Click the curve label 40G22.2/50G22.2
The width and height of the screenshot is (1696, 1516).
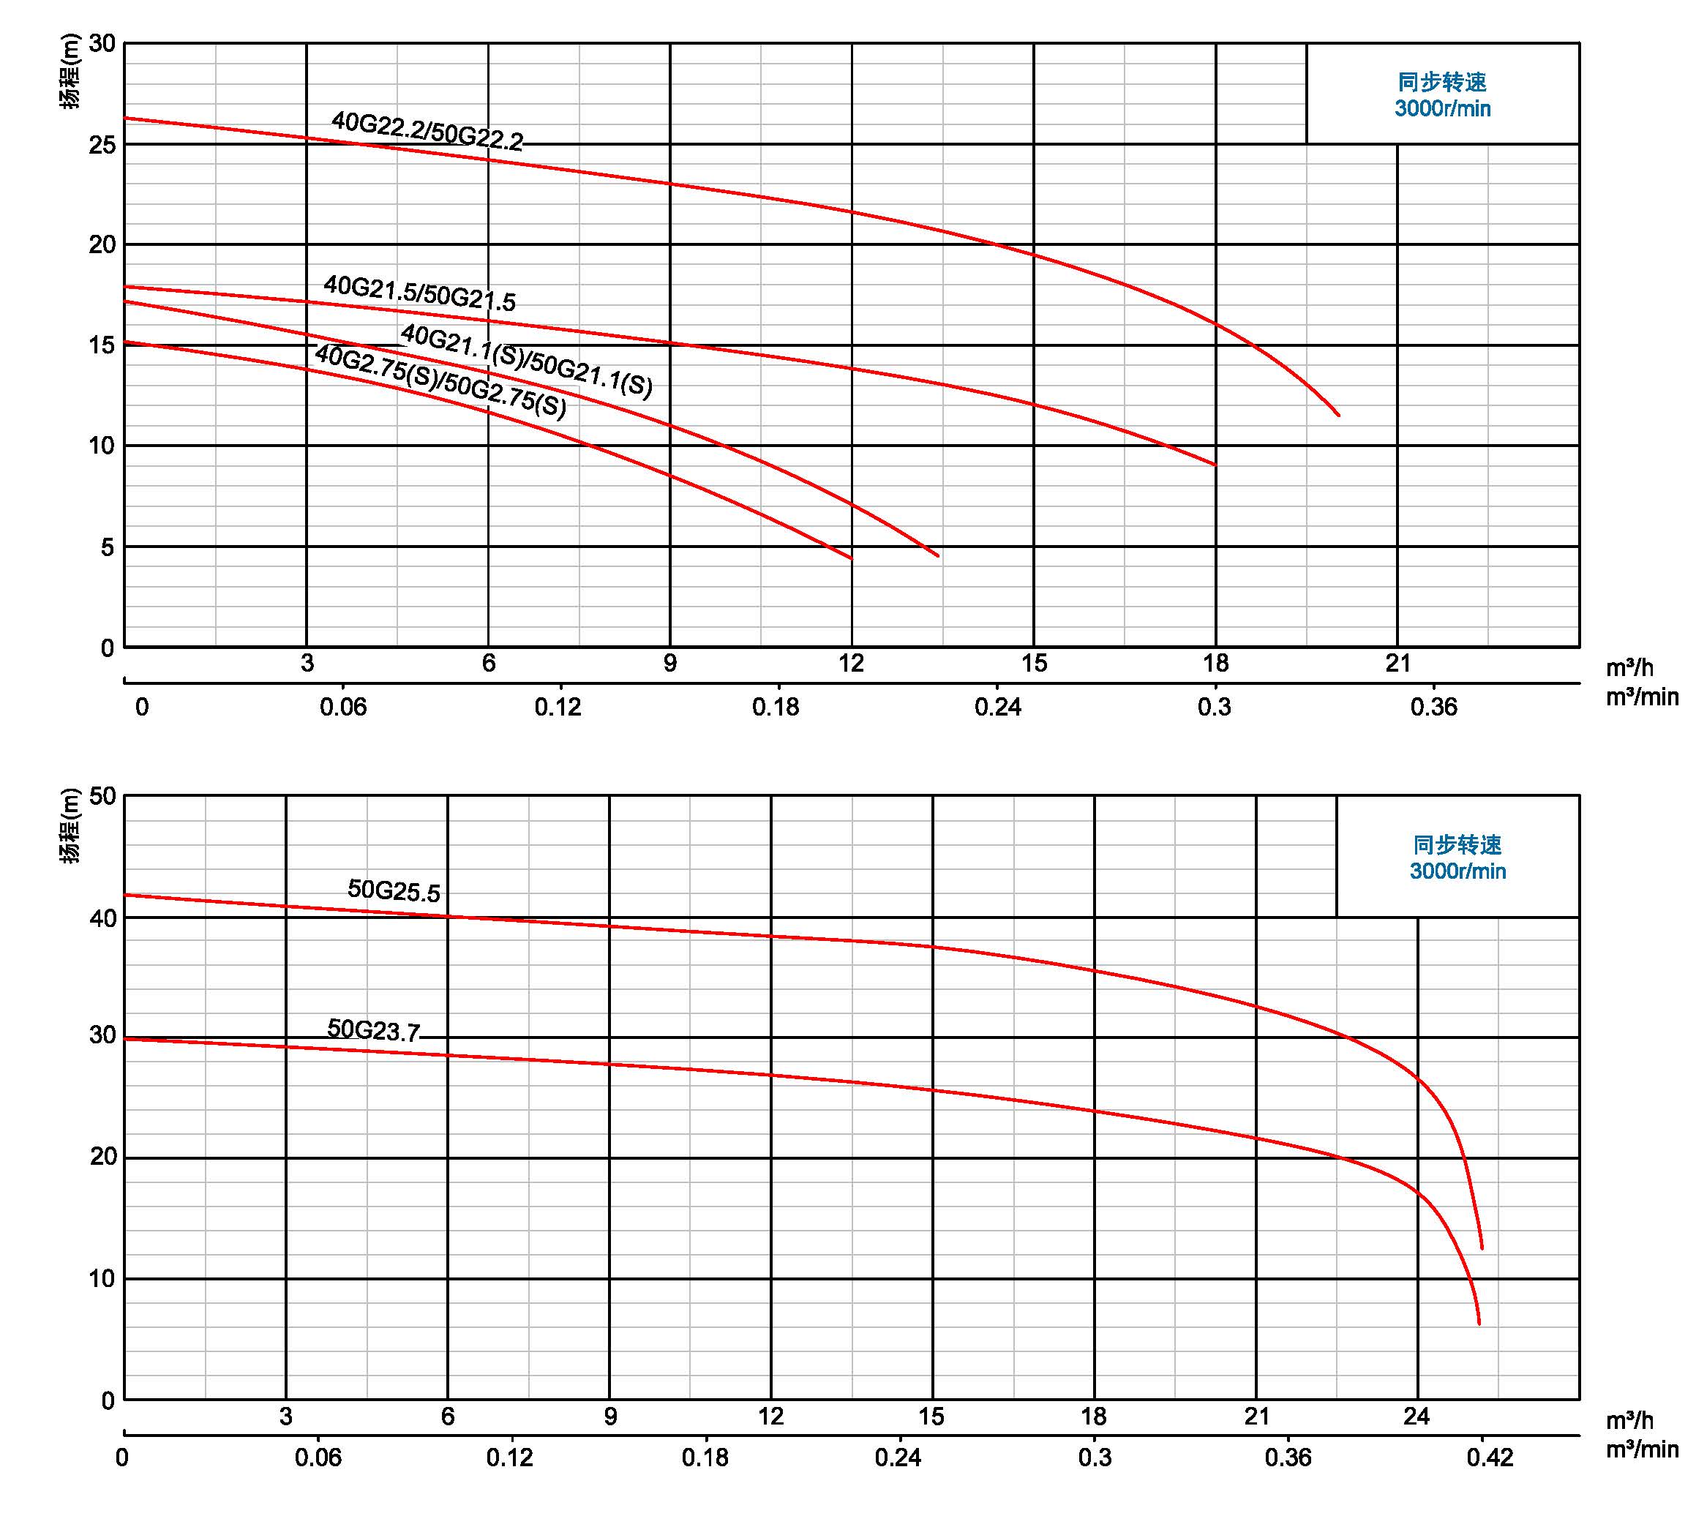427,132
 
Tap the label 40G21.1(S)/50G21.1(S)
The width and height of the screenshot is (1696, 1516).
527,361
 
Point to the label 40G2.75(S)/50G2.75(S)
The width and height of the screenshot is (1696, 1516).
440,381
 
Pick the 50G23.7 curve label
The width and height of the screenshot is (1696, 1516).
373,1030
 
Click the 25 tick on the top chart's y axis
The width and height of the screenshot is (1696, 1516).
102,145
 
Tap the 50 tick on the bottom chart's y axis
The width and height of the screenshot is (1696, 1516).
102,796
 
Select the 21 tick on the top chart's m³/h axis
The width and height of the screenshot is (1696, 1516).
1397,663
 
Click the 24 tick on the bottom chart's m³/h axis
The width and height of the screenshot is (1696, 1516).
1416,1416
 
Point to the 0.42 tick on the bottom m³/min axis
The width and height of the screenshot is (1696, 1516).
1490,1457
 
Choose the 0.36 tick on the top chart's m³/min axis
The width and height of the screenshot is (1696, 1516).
1433,708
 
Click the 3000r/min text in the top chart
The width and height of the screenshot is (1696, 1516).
1443,109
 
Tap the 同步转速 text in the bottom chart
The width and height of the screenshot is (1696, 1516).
1457,844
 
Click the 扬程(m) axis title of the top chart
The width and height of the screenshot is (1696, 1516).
72,71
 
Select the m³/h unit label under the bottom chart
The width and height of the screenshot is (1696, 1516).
1630,1421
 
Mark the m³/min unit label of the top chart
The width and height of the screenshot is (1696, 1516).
1642,697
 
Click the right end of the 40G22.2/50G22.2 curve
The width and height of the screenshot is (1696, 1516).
1339,415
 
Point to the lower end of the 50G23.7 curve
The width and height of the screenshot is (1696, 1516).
1479,1324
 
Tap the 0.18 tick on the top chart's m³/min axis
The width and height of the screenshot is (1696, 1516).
776,708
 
